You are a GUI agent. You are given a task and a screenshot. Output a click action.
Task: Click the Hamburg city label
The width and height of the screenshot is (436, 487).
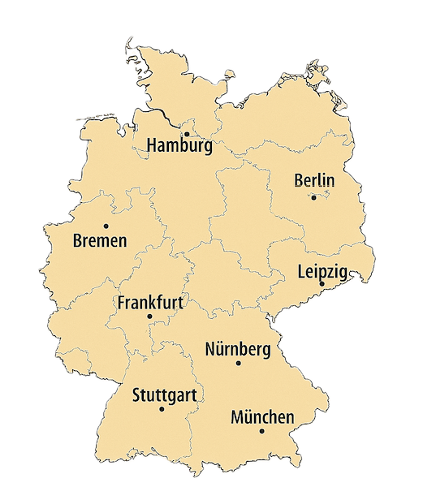pyautogui.click(x=179, y=147)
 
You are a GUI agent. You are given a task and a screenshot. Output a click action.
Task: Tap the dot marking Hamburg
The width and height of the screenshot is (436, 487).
pyautogui.click(x=186, y=134)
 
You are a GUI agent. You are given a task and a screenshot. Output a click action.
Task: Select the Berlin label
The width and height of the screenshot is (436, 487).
pyautogui.click(x=314, y=180)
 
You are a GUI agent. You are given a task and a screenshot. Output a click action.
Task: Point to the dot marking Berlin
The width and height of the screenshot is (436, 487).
pyautogui.click(x=313, y=197)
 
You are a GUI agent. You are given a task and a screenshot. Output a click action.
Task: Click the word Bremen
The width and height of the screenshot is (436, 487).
pyautogui.click(x=100, y=241)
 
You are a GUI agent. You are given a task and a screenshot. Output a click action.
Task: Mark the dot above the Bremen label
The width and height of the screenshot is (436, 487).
pyautogui.click(x=106, y=226)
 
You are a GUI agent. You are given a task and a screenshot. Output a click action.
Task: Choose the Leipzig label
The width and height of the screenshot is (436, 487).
pyautogui.click(x=322, y=271)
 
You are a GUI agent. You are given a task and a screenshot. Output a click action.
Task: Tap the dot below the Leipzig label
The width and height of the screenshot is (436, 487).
pyautogui.click(x=322, y=283)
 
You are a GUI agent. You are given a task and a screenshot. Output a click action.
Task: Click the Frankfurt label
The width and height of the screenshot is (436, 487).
pyautogui.click(x=150, y=303)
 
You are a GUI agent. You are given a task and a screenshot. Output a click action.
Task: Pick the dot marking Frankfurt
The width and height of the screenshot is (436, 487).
pyautogui.click(x=149, y=317)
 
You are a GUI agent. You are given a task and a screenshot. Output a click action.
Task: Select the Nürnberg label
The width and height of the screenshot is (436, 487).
pyautogui.click(x=238, y=349)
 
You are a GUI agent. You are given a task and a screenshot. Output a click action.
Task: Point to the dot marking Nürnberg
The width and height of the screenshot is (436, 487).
pyautogui.click(x=238, y=363)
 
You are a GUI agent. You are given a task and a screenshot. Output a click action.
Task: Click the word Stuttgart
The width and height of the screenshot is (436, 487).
pyautogui.click(x=164, y=396)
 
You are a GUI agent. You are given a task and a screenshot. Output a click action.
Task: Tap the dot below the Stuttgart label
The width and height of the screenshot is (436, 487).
pyautogui.click(x=162, y=409)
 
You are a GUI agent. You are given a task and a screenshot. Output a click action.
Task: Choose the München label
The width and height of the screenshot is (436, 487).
pyautogui.click(x=262, y=417)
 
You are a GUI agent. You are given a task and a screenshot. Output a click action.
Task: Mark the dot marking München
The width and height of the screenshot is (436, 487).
pyautogui.click(x=261, y=431)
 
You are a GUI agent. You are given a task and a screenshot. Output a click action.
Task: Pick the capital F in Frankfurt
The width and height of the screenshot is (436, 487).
pyautogui.click(x=122, y=303)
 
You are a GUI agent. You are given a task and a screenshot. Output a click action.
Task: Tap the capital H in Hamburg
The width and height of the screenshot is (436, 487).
pyautogui.click(x=152, y=146)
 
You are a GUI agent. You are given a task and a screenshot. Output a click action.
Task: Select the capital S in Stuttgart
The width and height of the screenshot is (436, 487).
pyautogui.click(x=136, y=396)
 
